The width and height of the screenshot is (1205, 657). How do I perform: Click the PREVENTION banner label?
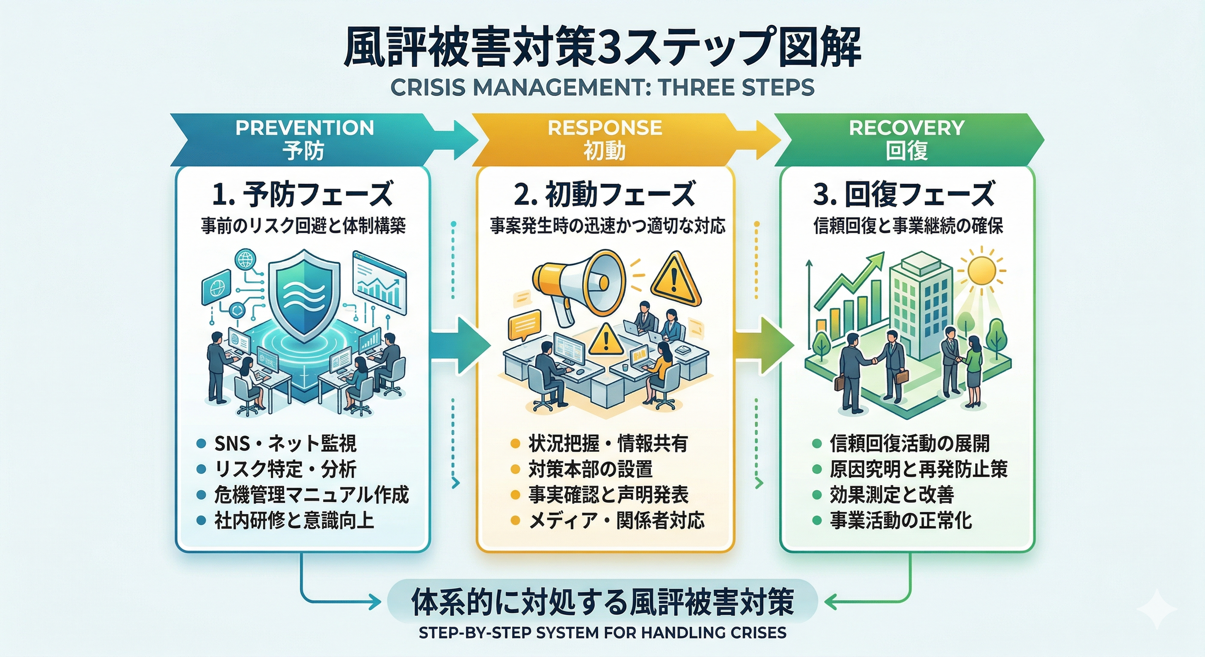point(305,127)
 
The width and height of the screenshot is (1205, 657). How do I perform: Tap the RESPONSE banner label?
point(605,127)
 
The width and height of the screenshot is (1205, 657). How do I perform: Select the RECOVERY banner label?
point(907,127)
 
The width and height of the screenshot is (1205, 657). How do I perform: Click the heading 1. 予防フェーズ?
point(302,194)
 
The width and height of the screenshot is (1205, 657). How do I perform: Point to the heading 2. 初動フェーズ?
point(605,194)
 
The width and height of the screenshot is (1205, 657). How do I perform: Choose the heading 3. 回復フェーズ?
point(904,194)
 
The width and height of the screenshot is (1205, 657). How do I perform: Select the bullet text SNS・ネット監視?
point(285,443)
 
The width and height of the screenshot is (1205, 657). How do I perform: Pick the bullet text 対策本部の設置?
point(591,469)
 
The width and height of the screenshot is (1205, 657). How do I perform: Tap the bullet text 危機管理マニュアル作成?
point(311,495)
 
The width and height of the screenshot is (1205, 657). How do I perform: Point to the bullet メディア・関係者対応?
point(616,521)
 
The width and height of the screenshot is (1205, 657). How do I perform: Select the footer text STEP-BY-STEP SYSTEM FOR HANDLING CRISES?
point(602,633)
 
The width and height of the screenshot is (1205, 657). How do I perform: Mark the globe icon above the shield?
point(246,260)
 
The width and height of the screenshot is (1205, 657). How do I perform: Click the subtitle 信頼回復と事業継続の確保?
point(908,226)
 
